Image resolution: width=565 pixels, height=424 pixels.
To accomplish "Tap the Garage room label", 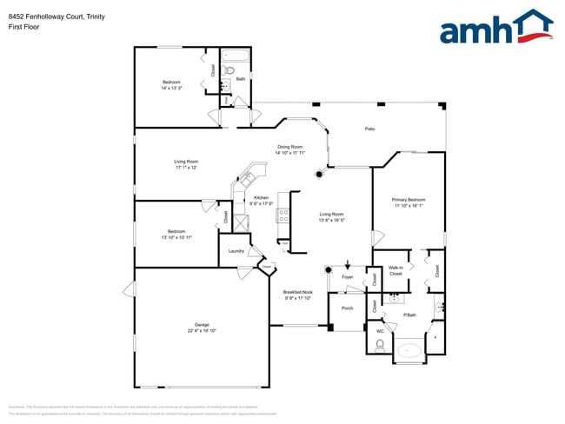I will [x=202, y=326].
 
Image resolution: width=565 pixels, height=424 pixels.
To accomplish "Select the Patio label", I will [x=369, y=129].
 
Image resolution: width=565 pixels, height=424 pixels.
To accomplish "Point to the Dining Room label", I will [x=289, y=147].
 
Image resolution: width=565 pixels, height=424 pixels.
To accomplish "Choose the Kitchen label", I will [x=261, y=198].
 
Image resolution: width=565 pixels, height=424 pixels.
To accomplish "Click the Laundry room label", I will [x=236, y=251].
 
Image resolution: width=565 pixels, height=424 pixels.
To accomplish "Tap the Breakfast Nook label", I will [x=298, y=292].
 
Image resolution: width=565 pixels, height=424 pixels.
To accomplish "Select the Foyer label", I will [x=347, y=278].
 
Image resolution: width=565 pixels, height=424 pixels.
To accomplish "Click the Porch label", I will [x=347, y=308].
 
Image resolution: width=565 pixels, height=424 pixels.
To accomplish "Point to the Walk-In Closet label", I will [x=395, y=270].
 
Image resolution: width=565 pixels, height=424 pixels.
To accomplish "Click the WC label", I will [x=380, y=331].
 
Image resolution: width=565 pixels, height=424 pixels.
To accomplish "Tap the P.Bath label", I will [x=410, y=315].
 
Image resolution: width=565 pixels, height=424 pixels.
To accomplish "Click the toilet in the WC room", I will [x=379, y=345].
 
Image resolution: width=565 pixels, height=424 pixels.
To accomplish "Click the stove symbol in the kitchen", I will [x=282, y=216].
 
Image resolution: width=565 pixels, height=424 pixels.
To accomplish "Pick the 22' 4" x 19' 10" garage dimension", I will [x=202, y=331].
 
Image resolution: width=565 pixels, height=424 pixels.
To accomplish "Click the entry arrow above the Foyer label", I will [x=347, y=266].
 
